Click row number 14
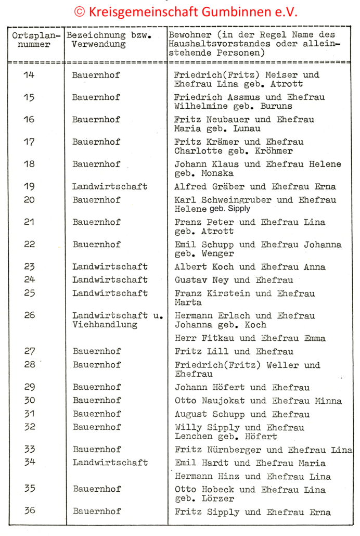click(29, 75)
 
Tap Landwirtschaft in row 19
click(110, 187)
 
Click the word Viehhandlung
click(105, 325)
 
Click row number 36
click(30, 511)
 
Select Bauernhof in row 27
click(96, 351)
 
